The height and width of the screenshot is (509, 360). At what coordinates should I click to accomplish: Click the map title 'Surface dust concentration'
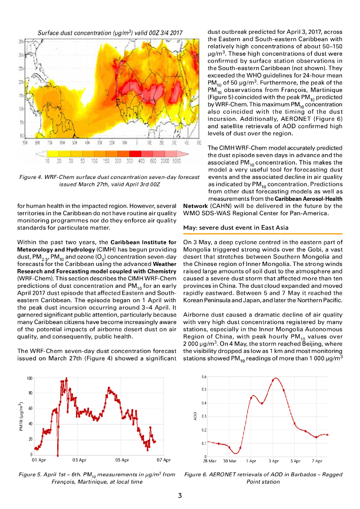(x=110, y=33)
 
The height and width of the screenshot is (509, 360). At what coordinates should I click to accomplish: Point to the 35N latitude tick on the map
(x=22, y=42)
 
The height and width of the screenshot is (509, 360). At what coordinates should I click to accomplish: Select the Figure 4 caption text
(x=109, y=180)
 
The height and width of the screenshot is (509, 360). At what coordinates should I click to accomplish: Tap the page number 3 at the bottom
(x=180, y=495)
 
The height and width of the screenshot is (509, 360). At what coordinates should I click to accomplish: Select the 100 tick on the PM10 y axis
(x=29, y=378)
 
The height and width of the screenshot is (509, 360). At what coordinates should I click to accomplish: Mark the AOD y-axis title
(x=196, y=417)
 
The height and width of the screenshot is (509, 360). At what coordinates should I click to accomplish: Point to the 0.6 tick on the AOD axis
(x=204, y=377)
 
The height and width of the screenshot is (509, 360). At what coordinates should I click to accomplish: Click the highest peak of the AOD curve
(x=275, y=378)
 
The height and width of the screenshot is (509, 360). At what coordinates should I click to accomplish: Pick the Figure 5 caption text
(x=96, y=478)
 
